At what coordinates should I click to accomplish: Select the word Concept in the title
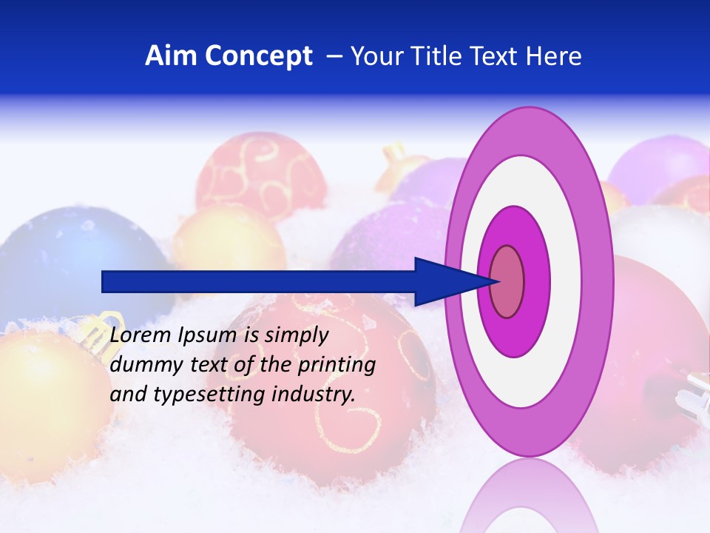pyautogui.click(x=259, y=56)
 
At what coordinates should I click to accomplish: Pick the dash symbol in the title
pyautogui.click(x=334, y=57)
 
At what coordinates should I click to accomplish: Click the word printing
pyautogui.click(x=339, y=366)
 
